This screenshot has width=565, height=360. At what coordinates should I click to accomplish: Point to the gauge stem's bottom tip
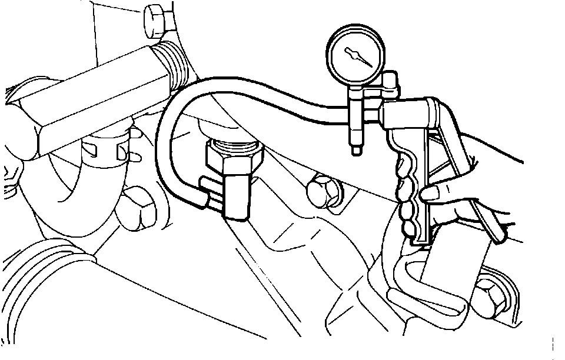click(x=355, y=152)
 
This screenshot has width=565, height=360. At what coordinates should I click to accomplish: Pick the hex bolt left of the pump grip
click(x=323, y=190)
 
